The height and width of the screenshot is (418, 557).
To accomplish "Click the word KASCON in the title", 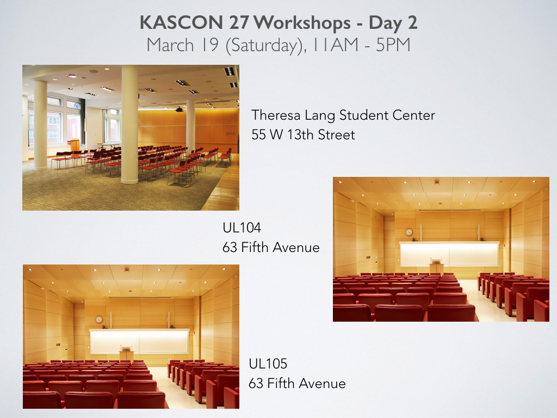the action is (x=181, y=22).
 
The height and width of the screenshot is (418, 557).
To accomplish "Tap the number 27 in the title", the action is (x=238, y=22).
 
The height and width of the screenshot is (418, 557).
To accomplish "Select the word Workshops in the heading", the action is (x=302, y=23).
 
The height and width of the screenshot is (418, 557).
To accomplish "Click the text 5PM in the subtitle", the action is (x=393, y=45).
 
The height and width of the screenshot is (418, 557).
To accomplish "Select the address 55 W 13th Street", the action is (x=303, y=135).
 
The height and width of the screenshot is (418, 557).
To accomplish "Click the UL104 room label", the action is (x=242, y=228).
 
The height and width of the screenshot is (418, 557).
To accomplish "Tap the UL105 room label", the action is (x=268, y=364).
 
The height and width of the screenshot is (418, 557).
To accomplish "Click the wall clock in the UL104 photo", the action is (x=409, y=232).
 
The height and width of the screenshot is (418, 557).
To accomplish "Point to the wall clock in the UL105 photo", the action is (x=99, y=319).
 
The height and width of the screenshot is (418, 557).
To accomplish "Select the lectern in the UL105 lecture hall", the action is (x=127, y=353).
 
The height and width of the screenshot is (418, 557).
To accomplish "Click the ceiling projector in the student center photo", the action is (x=180, y=109).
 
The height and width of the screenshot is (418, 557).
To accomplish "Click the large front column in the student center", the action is (x=129, y=124).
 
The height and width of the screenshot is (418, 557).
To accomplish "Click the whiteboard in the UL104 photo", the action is (x=449, y=254).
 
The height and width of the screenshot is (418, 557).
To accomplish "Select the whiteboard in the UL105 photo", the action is (x=139, y=341).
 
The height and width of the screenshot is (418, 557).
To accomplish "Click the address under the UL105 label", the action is (x=297, y=384).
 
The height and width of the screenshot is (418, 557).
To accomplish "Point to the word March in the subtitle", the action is (x=170, y=45).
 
